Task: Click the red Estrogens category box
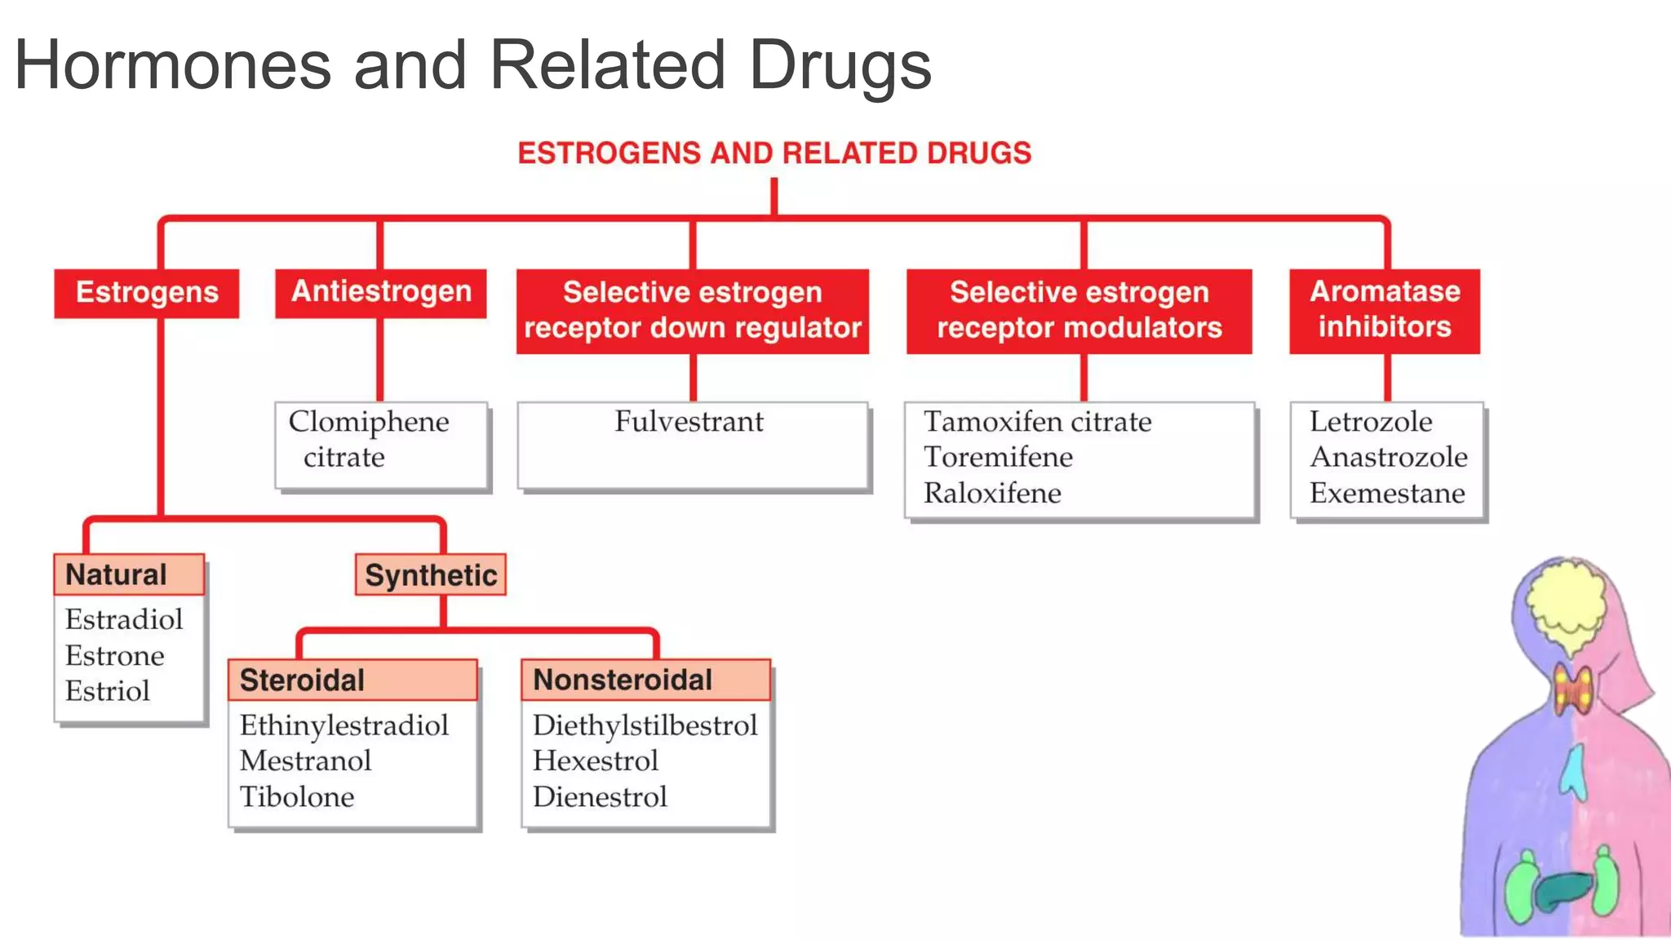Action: click(147, 293)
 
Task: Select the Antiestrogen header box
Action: click(381, 292)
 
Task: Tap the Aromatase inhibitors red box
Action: click(1385, 310)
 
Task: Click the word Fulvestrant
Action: click(689, 422)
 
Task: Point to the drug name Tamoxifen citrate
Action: click(1037, 422)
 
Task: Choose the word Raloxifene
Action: click(992, 493)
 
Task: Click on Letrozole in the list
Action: click(1371, 422)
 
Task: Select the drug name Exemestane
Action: click(1387, 493)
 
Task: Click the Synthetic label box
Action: click(431, 575)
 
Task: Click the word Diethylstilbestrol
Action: click(645, 725)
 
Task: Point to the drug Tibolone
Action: click(297, 796)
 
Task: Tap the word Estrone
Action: click(115, 655)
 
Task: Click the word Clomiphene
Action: click(369, 422)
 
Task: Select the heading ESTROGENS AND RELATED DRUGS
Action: click(774, 153)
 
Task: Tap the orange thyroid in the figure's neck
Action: click(1572, 689)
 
